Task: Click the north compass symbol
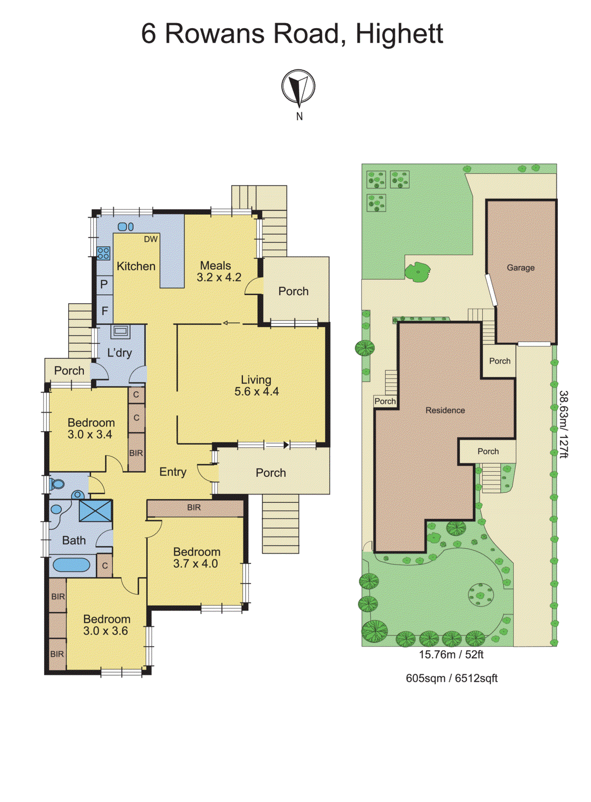point(298,88)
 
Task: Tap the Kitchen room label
point(136,266)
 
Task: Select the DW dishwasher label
point(150,240)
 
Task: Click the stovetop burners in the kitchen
point(103,253)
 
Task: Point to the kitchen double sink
point(125,227)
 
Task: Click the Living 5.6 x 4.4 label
point(256,385)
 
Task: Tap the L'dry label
point(119,353)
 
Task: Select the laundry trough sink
point(120,331)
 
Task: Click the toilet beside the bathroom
point(57,484)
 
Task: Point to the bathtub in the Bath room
point(71,565)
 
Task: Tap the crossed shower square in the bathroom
point(95,511)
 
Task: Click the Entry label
point(172,472)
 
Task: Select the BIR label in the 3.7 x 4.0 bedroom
point(194,508)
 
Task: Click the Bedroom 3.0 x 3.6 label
point(106,625)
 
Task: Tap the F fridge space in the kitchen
point(104,311)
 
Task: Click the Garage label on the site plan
point(520,268)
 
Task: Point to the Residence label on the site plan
point(445,411)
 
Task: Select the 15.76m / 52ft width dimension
point(451,655)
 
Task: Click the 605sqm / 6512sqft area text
point(451,679)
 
